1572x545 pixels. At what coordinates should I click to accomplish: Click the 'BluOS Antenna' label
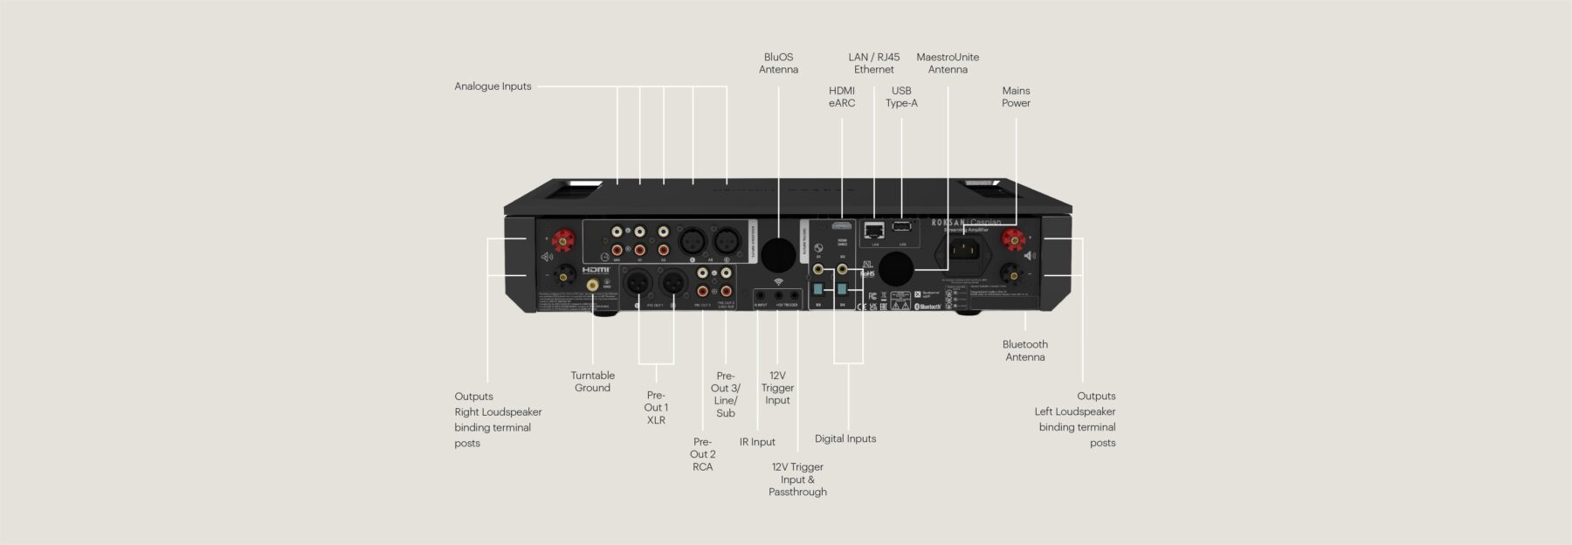(x=778, y=64)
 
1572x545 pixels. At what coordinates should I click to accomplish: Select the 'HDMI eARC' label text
(x=842, y=97)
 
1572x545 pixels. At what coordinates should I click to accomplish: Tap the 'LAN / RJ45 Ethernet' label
(x=873, y=64)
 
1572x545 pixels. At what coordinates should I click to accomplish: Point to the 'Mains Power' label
(x=1016, y=97)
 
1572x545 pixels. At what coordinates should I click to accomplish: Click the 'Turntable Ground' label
(x=592, y=382)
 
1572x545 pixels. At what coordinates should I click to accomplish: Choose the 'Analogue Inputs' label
(x=493, y=86)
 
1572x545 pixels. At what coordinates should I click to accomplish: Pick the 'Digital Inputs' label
(x=845, y=438)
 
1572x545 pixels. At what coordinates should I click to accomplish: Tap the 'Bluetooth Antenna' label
(x=1024, y=350)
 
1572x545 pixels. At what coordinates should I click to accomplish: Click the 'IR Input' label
(x=757, y=442)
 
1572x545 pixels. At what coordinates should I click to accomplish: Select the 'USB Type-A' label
(x=901, y=97)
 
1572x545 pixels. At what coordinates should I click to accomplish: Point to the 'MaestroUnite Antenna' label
(x=948, y=64)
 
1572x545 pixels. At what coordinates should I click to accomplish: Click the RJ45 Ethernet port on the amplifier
(x=873, y=231)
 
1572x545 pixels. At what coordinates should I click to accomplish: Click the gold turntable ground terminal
(x=593, y=285)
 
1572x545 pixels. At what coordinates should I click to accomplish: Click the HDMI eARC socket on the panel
(x=843, y=225)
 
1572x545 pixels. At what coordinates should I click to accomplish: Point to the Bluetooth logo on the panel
(x=927, y=307)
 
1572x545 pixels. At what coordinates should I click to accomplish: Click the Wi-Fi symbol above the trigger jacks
(x=778, y=281)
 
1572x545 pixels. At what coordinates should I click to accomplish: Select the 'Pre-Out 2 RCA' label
(x=702, y=454)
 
